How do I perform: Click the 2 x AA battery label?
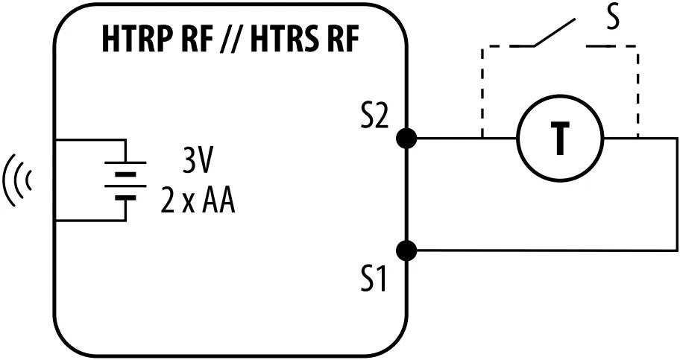point(198,200)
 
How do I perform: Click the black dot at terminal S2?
point(406,138)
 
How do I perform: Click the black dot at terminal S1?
point(406,250)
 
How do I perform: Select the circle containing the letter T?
point(559,139)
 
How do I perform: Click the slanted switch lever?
point(555,31)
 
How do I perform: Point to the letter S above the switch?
point(612,19)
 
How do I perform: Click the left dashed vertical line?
point(483,89)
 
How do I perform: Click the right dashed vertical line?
point(637,89)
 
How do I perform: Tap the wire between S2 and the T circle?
point(462,138)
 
